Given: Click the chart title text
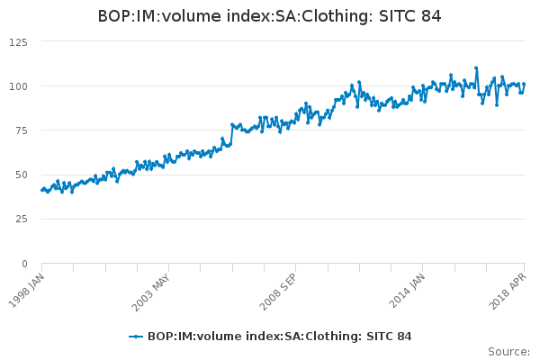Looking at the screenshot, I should (x=270, y=17).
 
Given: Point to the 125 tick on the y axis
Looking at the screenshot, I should (x=18, y=41).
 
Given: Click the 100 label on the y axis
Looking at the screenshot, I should (x=18, y=86).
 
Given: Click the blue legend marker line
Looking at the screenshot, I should (x=136, y=337).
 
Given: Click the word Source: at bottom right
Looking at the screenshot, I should (x=508, y=351).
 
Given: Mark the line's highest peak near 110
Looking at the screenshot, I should (x=476, y=67).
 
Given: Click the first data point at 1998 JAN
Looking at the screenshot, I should (x=42, y=190).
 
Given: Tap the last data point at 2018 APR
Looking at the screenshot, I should (x=524, y=85).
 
